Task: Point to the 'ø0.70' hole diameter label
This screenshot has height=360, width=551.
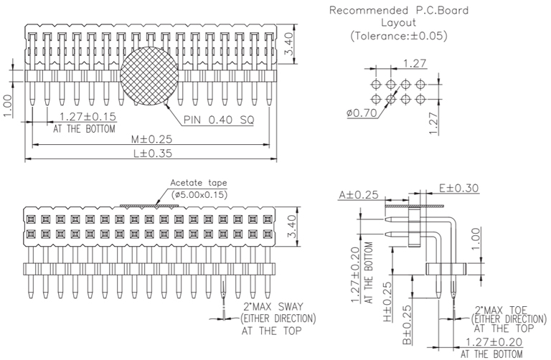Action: point(361,113)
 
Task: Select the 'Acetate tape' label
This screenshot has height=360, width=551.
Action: point(193,182)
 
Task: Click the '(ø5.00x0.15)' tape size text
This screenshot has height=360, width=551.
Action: point(198,193)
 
